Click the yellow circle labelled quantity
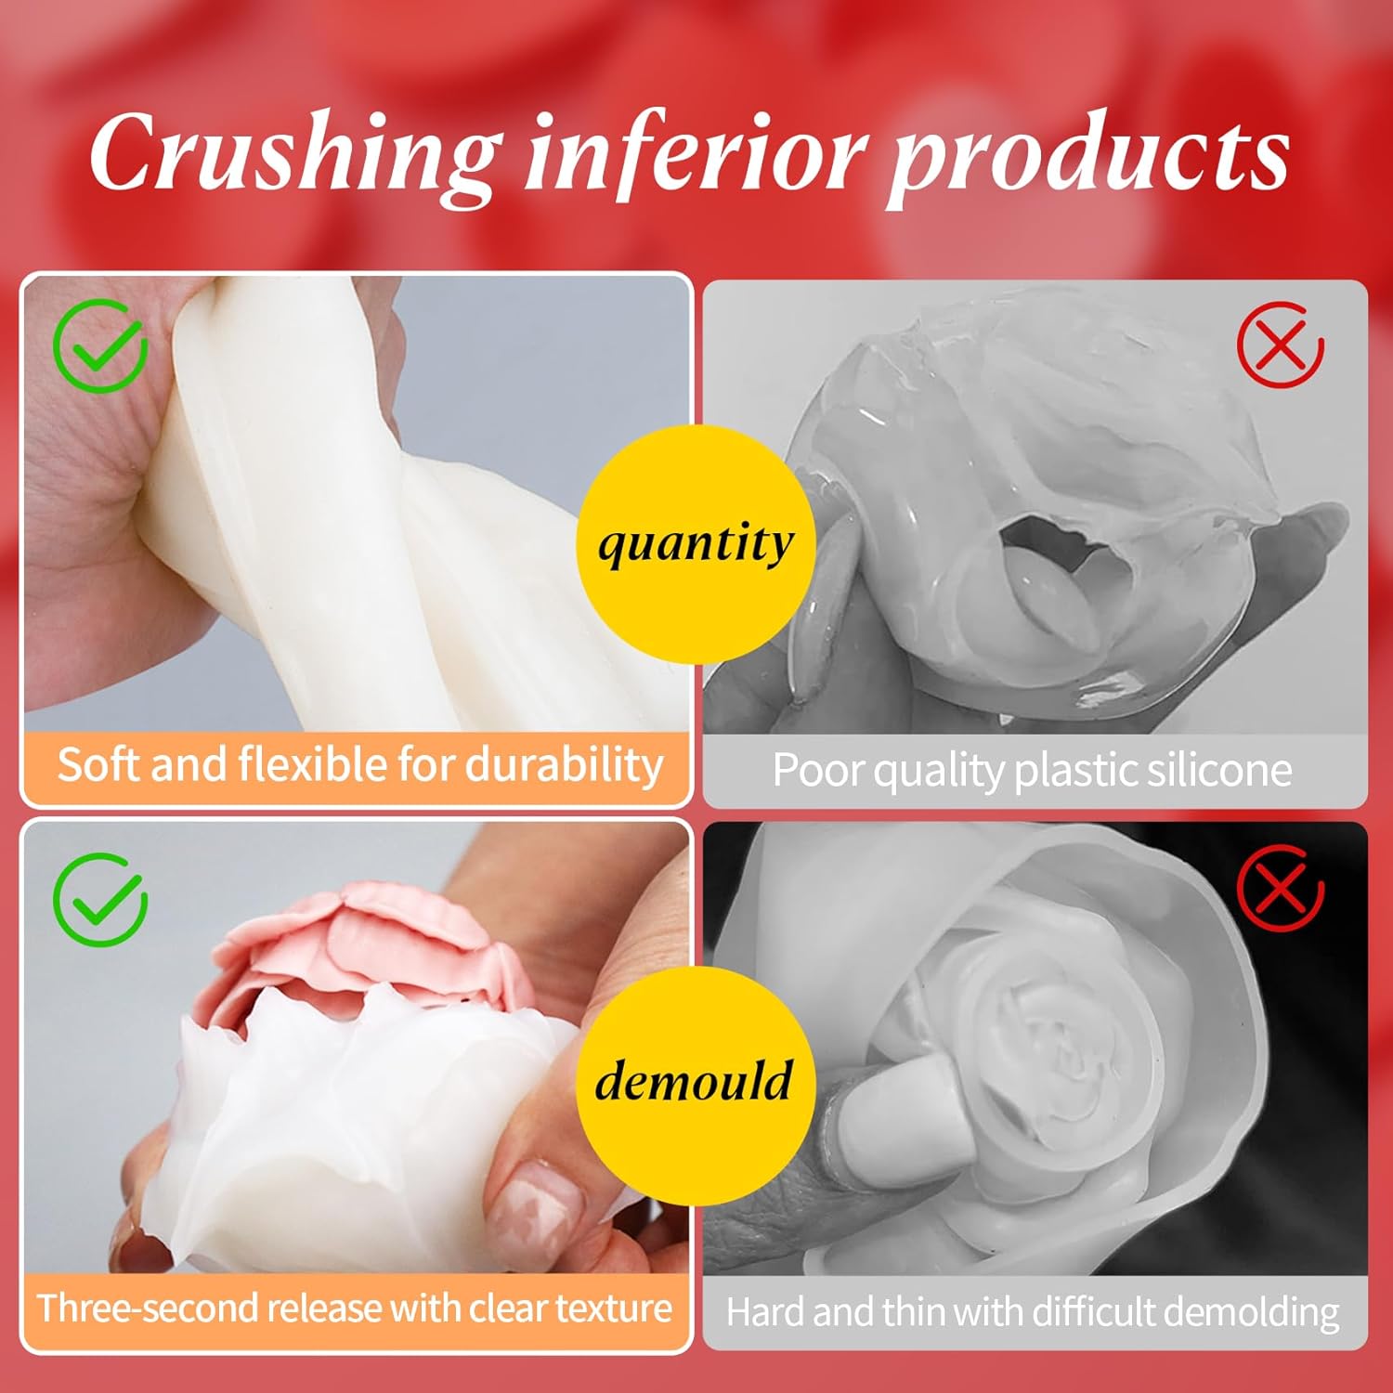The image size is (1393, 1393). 696,543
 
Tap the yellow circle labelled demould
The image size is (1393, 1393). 696,1083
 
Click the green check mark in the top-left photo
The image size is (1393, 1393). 100,345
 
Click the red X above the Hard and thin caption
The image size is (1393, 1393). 1281,889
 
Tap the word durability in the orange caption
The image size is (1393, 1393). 564,766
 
